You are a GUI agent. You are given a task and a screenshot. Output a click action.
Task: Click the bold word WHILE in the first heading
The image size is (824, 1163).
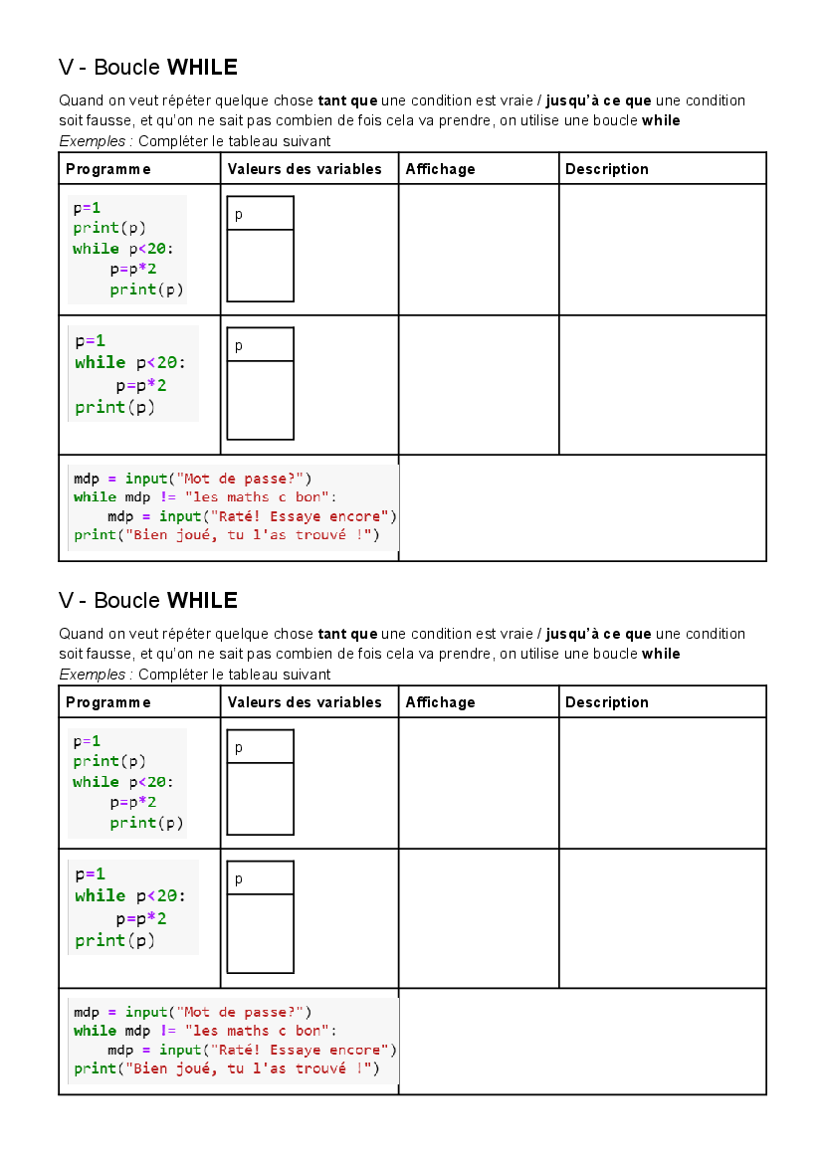pyautogui.click(x=202, y=68)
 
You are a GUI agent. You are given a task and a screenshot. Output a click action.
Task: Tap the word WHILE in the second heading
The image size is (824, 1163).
pyautogui.click(x=202, y=601)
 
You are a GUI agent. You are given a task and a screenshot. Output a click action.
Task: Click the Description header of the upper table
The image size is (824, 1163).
pyautogui.click(x=607, y=169)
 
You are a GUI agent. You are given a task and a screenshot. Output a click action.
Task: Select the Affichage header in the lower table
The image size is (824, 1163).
pyautogui.click(x=440, y=702)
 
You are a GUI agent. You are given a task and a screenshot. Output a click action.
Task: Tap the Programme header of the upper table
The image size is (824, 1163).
pyautogui.click(x=108, y=169)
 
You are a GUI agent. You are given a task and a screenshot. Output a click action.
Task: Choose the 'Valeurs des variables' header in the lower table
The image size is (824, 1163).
pyautogui.click(x=305, y=702)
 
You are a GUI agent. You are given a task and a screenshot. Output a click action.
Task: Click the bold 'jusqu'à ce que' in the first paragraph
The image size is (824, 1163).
pyautogui.click(x=598, y=100)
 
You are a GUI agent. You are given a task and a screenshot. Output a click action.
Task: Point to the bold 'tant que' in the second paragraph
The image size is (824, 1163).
pyautogui.click(x=348, y=634)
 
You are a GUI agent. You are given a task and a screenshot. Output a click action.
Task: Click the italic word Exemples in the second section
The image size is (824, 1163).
pyautogui.click(x=93, y=675)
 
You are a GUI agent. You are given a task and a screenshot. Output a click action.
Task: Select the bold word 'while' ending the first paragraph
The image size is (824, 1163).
pyautogui.click(x=661, y=121)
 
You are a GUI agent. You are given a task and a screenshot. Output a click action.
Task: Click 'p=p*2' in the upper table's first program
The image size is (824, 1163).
pyautogui.click(x=133, y=270)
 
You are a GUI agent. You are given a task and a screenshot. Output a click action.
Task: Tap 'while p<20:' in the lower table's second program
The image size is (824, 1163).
pyautogui.click(x=129, y=896)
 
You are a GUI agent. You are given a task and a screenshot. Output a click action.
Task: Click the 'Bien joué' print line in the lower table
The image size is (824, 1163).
pyautogui.click(x=227, y=1068)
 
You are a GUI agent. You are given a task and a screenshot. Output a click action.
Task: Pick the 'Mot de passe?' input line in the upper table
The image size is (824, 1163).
pyautogui.click(x=193, y=480)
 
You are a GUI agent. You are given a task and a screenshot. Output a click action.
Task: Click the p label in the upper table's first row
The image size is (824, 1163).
pyautogui.click(x=239, y=215)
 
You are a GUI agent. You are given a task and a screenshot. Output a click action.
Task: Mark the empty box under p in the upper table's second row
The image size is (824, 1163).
pyautogui.click(x=261, y=400)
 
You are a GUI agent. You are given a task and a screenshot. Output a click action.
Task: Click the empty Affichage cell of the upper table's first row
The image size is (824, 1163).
pyautogui.click(x=479, y=250)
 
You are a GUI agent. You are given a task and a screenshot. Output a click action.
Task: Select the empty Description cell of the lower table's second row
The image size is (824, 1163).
pyautogui.click(x=663, y=918)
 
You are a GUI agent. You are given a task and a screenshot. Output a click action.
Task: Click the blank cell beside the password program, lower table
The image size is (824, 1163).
pyautogui.click(x=582, y=1042)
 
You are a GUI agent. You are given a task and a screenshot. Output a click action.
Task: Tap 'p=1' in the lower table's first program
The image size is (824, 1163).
pyautogui.click(x=87, y=742)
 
